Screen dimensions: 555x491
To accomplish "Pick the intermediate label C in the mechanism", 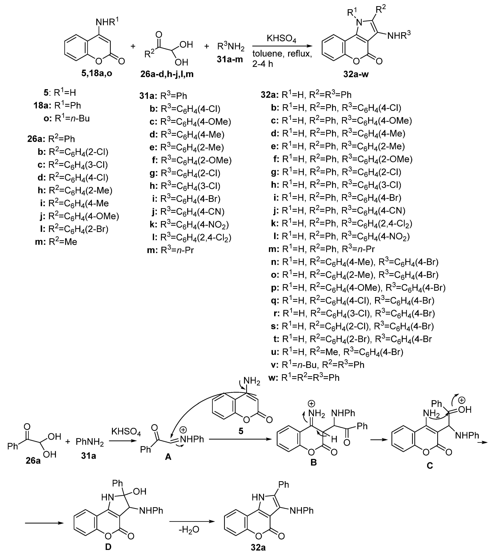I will [x=430, y=465].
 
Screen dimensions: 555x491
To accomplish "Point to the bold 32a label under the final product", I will [x=258, y=547].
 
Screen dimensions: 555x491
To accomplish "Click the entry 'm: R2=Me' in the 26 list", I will [x=56, y=242].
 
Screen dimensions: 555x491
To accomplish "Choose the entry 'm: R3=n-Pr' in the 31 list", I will [x=170, y=250].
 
